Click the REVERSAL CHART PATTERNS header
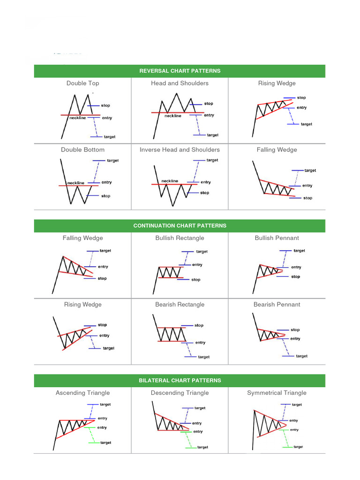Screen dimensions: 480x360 coord(180,71)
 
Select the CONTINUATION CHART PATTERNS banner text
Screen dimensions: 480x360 coord(180,225)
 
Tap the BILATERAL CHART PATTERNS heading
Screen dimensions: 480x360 coord(180,380)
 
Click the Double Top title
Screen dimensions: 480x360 coord(82,83)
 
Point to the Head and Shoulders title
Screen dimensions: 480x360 coord(180,83)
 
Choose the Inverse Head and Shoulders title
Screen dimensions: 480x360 coord(180,150)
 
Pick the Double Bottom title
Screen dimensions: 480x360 coord(82,150)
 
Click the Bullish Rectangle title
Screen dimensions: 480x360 coord(180,238)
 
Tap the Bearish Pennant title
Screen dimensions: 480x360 coord(277,305)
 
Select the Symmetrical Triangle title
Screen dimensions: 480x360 coord(277,393)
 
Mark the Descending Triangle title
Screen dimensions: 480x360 coord(180,393)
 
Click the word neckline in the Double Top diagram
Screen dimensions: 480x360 coord(77,118)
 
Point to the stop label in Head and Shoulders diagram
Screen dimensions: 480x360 coord(209,104)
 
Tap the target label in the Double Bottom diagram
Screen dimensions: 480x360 coord(112,160)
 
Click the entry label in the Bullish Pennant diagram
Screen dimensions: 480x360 coord(296,267)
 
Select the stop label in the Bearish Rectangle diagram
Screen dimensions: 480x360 coord(199,325)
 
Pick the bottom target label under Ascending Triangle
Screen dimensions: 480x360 coord(105,442)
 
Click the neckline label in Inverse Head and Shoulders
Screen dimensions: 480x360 coord(170,181)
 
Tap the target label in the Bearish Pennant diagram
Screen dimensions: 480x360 coord(301,356)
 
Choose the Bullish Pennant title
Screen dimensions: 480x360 coord(277,238)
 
